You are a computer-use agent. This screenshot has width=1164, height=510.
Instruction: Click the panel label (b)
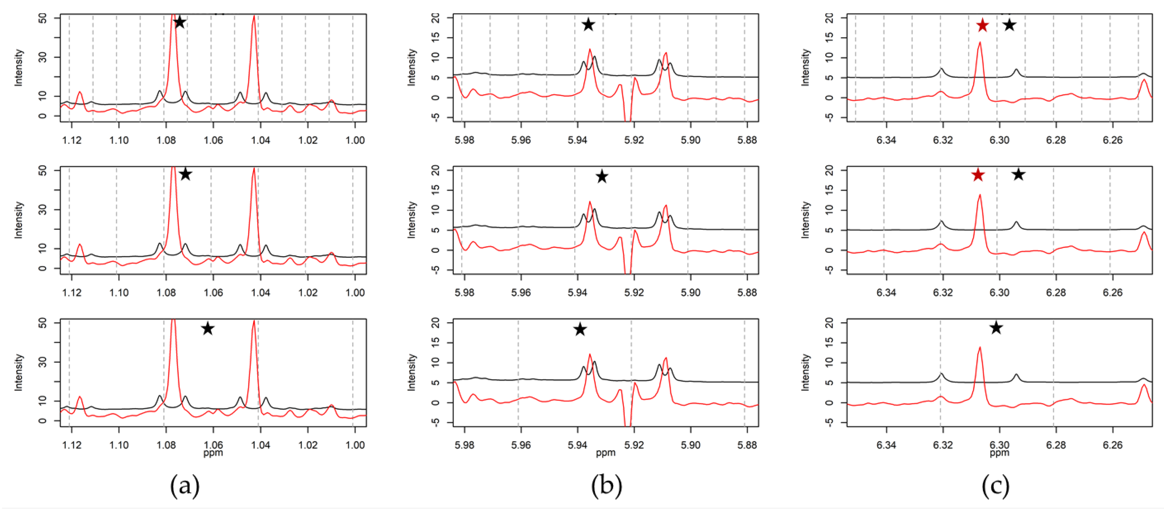pyautogui.click(x=606, y=486)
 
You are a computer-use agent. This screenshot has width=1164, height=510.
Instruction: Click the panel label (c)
pyautogui.click(x=996, y=486)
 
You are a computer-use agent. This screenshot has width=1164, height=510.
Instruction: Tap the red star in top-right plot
pyautogui.click(x=982, y=25)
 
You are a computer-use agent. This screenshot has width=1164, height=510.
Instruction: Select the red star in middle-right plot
pyautogui.click(x=978, y=175)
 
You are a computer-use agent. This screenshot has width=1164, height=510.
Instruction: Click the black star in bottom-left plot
pyautogui.click(x=207, y=329)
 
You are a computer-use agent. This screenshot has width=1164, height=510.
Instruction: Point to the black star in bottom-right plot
pyautogui.click(x=996, y=328)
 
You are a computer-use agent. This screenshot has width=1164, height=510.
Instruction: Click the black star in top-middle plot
pyautogui.click(x=588, y=24)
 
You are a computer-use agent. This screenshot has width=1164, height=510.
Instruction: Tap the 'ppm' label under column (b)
pyautogui.click(x=605, y=453)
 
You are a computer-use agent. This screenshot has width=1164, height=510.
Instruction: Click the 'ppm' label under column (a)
pyautogui.click(x=213, y=453)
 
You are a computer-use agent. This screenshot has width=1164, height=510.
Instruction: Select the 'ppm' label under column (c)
pyautogui.click(x=999, y=453)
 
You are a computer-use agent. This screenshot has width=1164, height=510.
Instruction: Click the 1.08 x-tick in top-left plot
pyautogui.click(x=166, y=140)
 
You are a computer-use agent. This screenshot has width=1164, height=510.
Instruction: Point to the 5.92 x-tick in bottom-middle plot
pyautogui.click(x=634, y=445)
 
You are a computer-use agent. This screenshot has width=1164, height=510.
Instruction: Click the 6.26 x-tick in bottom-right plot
pyautogui.click(x=1112, y=445)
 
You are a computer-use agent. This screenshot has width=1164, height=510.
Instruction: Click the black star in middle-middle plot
pyautogui.click(x=602, y=176)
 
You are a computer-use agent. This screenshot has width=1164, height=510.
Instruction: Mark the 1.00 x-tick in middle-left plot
pyautogui.click(x=355, y=293)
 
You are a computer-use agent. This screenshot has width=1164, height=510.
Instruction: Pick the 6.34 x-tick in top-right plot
pyautogui.click(x=886, y=140)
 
